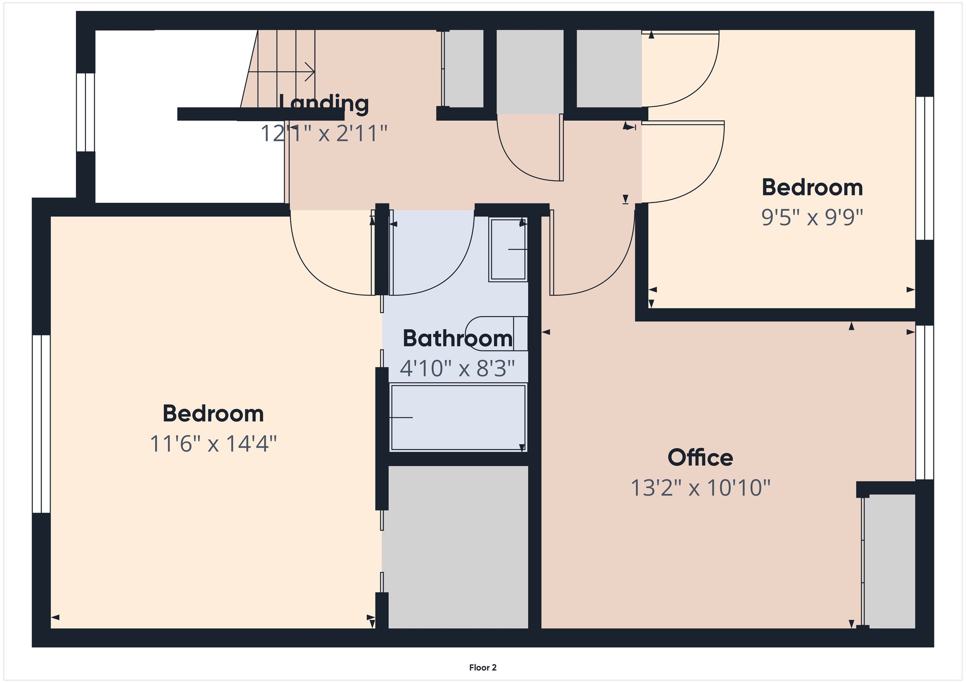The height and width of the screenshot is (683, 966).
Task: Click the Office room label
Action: point(700,458)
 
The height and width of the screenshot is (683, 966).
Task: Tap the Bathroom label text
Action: point(458,339)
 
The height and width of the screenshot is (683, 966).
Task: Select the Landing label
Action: point(324,103)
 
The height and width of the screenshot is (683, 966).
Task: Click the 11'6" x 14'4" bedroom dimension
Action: point(213,444)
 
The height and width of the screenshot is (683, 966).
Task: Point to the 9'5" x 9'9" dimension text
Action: point(812,217)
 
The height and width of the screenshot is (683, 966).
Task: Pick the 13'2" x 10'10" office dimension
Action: point(700,488)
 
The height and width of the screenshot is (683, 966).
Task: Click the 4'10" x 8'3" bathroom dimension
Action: point(458,368)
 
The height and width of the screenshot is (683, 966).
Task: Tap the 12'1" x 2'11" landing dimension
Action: point(324,133)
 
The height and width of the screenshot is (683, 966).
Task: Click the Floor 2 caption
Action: point(483,667)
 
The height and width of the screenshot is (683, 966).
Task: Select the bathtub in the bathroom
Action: point(458,418)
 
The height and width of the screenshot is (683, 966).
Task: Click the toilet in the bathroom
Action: point(496,333)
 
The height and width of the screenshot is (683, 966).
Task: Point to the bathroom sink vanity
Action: point(508,250)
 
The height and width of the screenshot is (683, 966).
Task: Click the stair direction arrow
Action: point(282,72)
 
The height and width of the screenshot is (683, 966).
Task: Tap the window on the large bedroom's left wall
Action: point(42,424)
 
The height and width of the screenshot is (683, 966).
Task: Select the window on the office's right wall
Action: point(924,402)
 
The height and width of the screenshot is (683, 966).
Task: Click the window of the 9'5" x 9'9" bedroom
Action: point(924,168)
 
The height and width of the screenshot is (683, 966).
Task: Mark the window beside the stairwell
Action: point(85,112)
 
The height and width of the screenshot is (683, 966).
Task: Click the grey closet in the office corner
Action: point(890,561)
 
